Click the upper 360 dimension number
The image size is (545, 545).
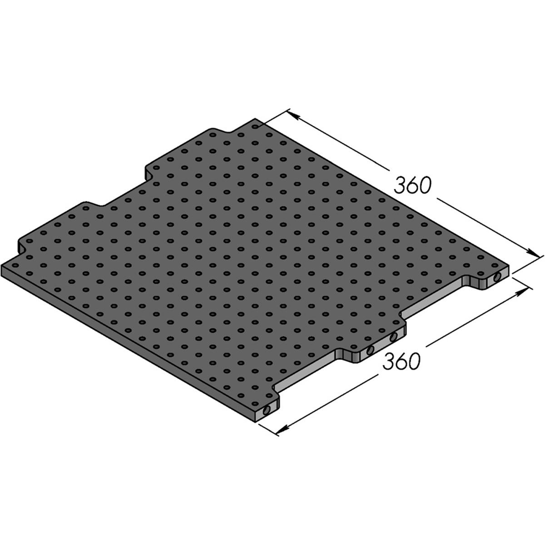pyautogui.click(x=411, y=185)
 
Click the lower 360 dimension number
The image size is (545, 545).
pyautogui.click(x=401, y=361)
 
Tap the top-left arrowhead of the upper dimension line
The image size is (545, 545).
pyautogui.click(x=293, y=116)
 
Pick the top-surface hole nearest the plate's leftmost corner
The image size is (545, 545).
pyautogui.click(x=15, y=266)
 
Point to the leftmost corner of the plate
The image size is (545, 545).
pyautogui.click(x=3, y=266)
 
